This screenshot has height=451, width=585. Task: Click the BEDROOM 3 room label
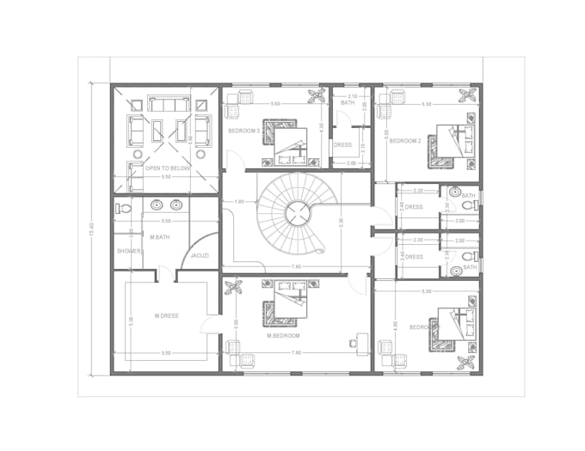244,131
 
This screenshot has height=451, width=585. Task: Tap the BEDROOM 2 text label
404,140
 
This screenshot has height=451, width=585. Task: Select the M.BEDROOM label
282,335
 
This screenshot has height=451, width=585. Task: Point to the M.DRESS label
166,316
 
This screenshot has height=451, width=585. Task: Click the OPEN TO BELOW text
167,169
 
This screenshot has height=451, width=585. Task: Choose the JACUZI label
200,255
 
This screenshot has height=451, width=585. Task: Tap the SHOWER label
129,251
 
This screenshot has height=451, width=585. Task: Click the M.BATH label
158,236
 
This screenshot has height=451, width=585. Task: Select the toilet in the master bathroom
123,208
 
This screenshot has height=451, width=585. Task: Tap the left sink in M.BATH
157,205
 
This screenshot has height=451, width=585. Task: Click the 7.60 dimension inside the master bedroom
297,352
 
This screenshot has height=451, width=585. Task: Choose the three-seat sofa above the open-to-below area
169,104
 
